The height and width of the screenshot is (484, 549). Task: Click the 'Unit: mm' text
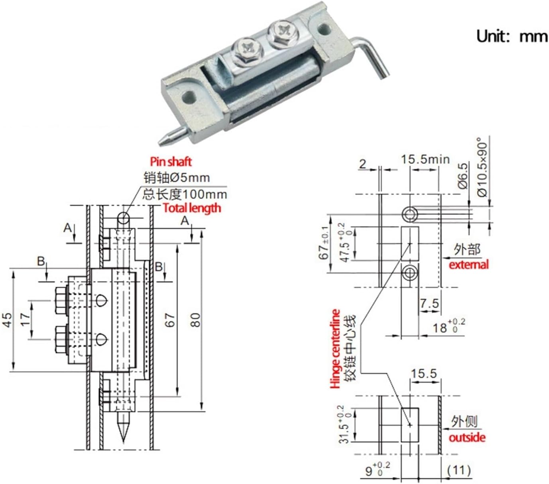click(512, 36)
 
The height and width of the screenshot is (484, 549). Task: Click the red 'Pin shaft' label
click(171, 161)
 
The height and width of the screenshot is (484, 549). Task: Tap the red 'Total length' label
click(191, 208)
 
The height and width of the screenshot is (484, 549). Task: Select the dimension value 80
click(195, 319)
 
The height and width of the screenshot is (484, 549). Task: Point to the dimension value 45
click(8, 320)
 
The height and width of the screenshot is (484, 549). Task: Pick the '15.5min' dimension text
click(425, 159)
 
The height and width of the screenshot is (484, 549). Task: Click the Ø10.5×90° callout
click(482, 167)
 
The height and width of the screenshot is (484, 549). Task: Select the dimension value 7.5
click(429, 304)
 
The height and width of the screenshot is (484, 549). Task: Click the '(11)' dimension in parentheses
click(458, 470)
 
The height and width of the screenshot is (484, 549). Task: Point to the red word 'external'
click(468, 265)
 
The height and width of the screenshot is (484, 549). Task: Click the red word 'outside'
click(467, 437)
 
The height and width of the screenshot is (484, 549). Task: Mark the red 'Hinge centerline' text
click(335, 349)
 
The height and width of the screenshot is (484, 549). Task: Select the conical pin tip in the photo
click(163, 140)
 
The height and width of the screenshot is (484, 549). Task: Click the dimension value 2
click(362, 164)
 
